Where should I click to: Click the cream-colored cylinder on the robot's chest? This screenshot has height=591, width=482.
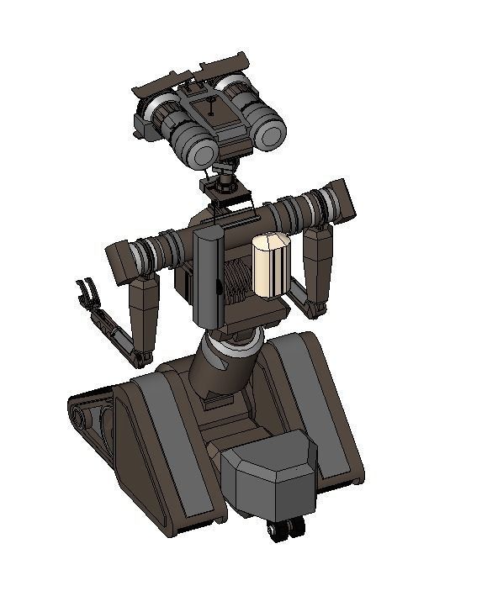pyautogui.click(x=271, y=265)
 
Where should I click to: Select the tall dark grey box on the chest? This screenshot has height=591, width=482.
pyautogui.click(x=209, y=277)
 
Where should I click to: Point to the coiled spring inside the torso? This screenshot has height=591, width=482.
pyautogui.click(x=238, y=281)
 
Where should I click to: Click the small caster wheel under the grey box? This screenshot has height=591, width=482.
pyautogui.click(x=285, y=529)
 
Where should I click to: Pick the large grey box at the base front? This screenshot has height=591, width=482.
pyautogui.click(x=269, y=476)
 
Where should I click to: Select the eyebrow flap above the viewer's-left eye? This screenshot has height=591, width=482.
pyautogui.click(x=162, y=82)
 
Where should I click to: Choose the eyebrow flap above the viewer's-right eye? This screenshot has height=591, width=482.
pyautogui.click(x=224, y=61)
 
